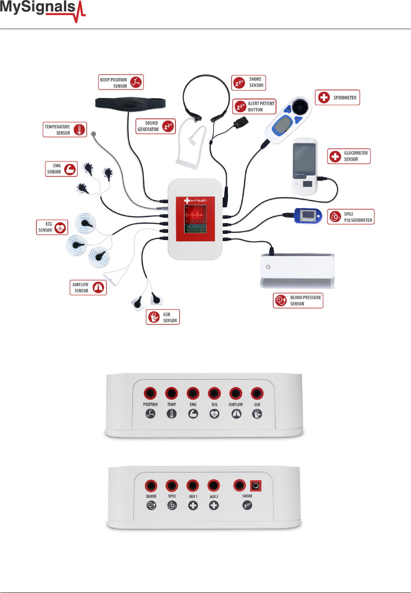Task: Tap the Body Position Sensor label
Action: click(121, 82)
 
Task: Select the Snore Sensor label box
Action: click(249, 83)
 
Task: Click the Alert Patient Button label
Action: click(254, 107)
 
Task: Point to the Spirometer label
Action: click(337, 98)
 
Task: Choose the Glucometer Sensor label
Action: click(349, 156)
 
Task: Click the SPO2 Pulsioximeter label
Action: click(350, 217)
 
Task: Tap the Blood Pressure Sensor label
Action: click(298, 300)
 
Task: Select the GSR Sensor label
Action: click(162, 317)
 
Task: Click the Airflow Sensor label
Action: click(88, 288)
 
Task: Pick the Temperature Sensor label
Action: click(65, 130)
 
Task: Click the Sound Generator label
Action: click(155, 126)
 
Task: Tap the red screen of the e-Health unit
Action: click(196, 219)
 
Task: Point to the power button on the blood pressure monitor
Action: click(268, 267)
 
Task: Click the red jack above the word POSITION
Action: click(150, 393)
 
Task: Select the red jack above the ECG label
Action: click(214, 393)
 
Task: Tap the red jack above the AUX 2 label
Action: click(213, 486)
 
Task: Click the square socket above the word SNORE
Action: click(256, 486)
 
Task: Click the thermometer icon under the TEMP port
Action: click(172, 414)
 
